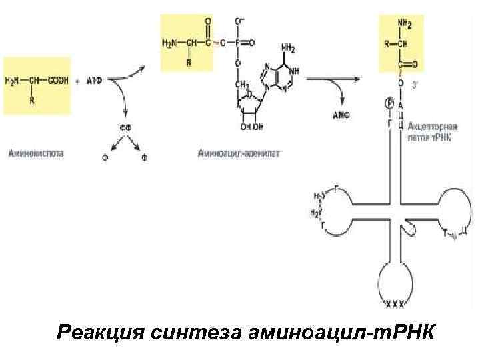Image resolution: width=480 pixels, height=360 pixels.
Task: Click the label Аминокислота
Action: (36, 153)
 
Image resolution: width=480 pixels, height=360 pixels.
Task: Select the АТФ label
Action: (97, 81)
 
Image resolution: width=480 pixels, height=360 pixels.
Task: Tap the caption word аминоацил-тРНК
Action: (345, 331)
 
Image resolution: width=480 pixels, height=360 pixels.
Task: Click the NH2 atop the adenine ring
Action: (288, 48)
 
